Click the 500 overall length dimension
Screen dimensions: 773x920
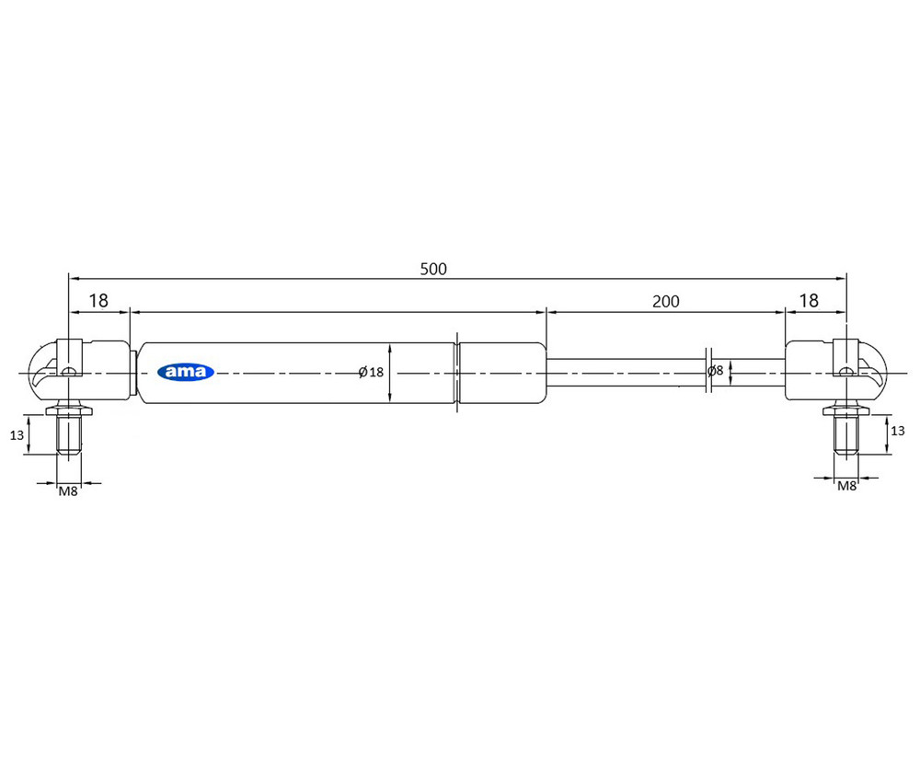(432, 270)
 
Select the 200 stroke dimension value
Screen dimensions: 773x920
(665, 301)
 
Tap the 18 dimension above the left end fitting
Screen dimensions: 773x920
(98, 301)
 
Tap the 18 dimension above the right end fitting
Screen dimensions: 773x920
(808, 301)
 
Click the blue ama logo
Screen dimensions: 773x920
(186, 372)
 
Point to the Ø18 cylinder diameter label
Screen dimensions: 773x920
(371, 372)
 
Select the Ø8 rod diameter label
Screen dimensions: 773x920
(715, 372)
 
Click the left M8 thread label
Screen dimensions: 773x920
(68, 491)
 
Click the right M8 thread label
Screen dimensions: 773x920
(846, 486)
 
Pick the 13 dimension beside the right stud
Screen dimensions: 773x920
(898, 430)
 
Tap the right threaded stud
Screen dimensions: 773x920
(846, 434)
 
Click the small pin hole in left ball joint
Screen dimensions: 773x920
(68, 372)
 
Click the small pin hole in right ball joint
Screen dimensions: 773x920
(846, 372)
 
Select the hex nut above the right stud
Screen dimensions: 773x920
(846, 408)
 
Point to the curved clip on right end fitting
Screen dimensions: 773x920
(875, 368)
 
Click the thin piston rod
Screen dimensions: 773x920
(626, 372)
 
